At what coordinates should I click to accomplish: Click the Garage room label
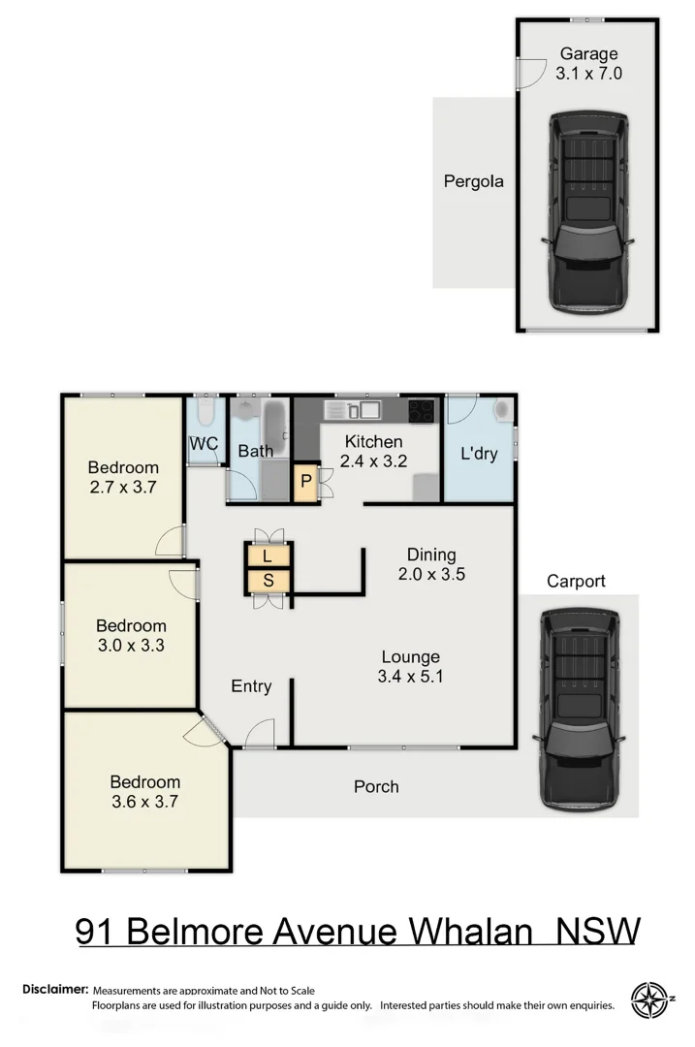tap(588, 54)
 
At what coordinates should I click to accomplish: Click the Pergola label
tap(473, 180)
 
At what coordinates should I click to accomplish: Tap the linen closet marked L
tap(268, 556)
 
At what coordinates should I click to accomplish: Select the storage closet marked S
tap(268, 581)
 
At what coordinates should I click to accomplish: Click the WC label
tap(204, 444)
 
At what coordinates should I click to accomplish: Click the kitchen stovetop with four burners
tap(423, 411)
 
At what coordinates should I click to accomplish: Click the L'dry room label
tap(478, 453)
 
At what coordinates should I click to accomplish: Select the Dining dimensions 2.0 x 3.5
tap(431, 574)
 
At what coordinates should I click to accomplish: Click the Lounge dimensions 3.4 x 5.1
tap(410, 677)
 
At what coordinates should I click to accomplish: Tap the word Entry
tap(251, 686)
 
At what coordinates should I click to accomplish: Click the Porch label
tap(376, 786)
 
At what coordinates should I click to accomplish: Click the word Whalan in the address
tap(470, 931)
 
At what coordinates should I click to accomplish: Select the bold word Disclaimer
tap(55, 990)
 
